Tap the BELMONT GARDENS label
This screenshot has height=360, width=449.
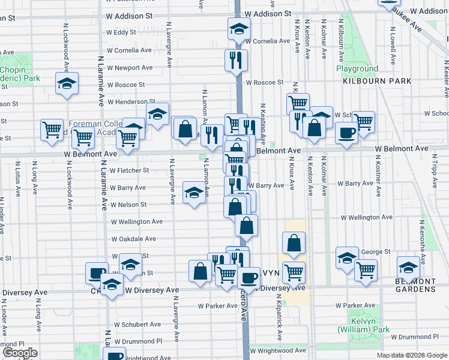[415, 285]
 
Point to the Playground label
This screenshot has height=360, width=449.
[357, 69]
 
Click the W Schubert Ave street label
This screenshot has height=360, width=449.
[135, 324]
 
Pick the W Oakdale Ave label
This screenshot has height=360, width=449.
[133, 238]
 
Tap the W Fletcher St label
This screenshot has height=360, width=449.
[129, 170]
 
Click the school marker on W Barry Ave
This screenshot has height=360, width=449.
[193, 192]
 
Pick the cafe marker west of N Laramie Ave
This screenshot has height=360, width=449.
[95, 273]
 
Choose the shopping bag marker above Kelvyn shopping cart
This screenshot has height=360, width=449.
[294, 243]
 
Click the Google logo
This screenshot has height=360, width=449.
[20, 353]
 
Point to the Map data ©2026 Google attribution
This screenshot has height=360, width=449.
[412, 355]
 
